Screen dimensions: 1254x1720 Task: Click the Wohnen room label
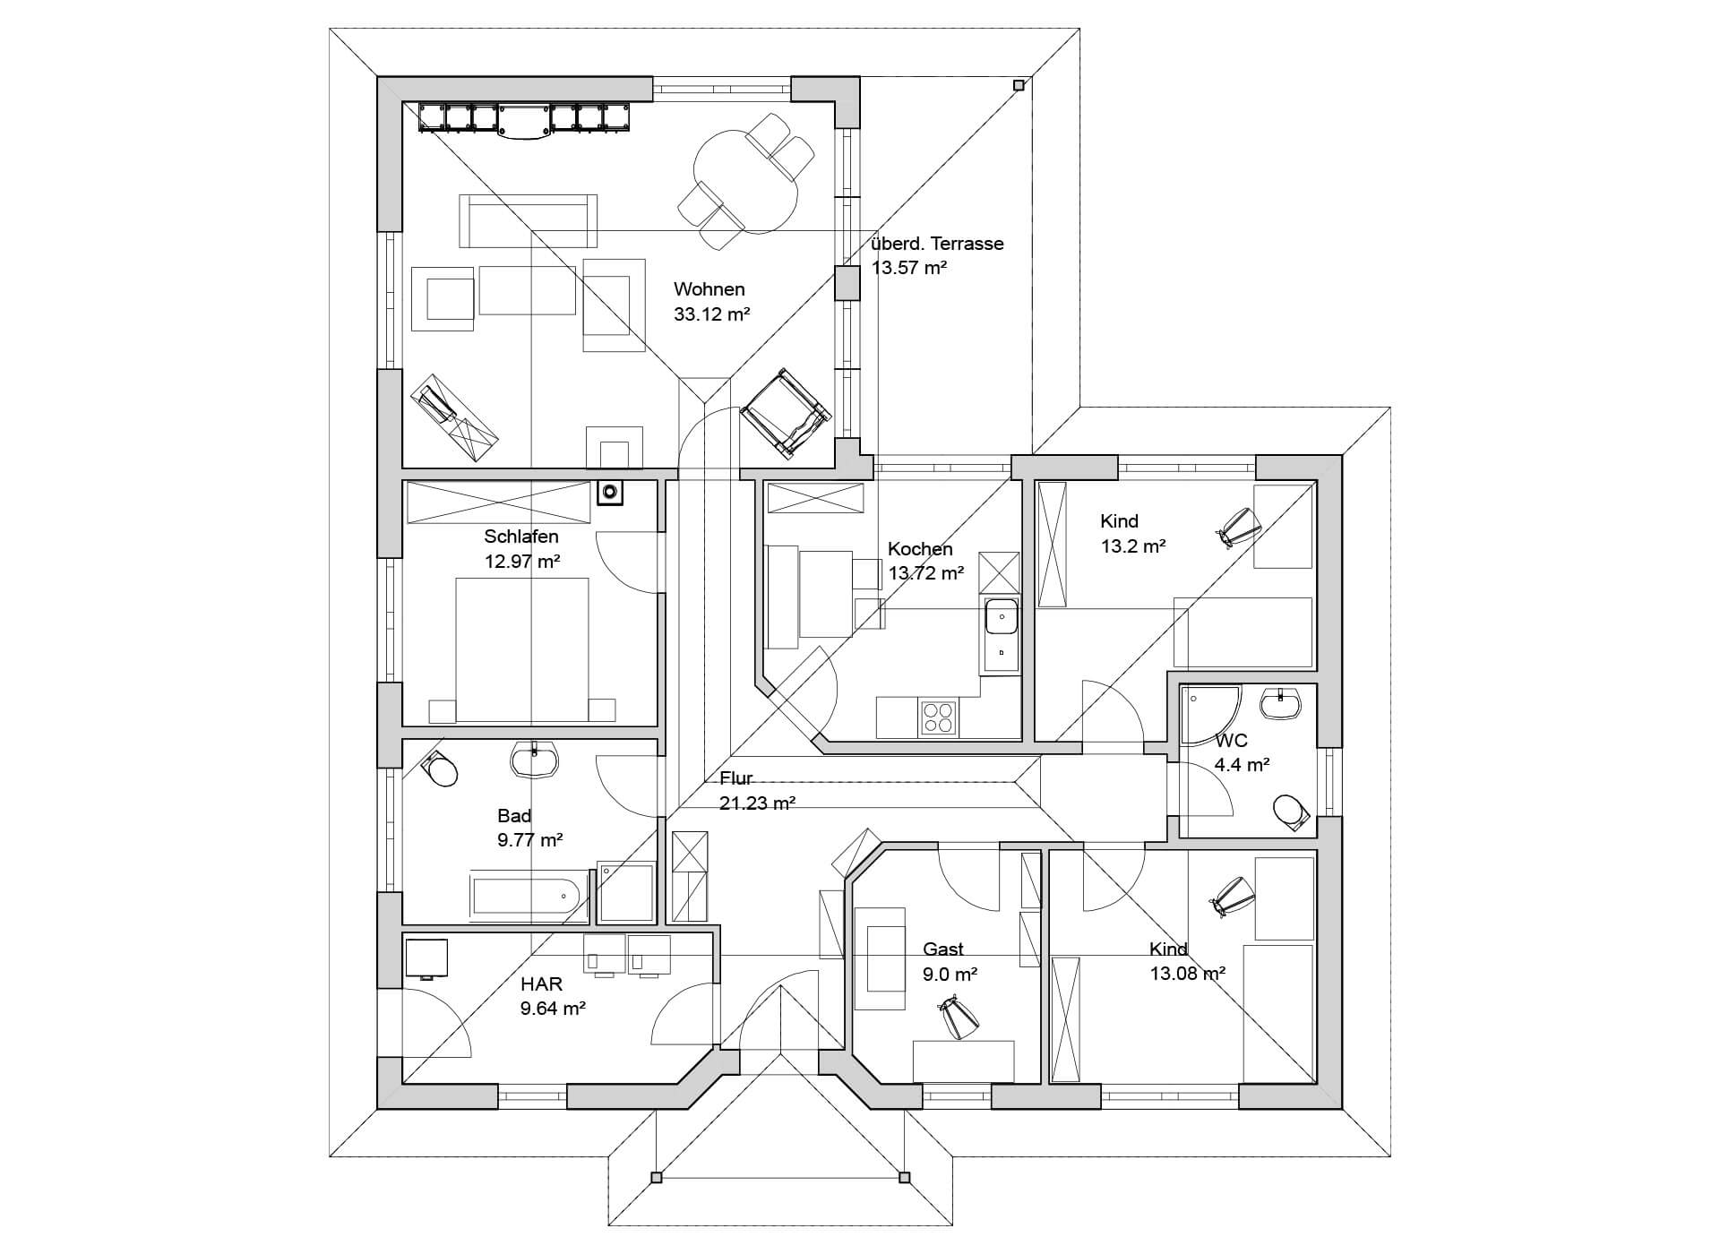click(709, 289)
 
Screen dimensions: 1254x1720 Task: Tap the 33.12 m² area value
click(711, 314)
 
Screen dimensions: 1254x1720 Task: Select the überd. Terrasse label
click(937, 244)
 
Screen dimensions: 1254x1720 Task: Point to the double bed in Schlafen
click(522, 648)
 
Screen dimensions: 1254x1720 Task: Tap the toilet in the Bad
click(439, 769)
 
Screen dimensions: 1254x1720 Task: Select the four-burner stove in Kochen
click(938, 718)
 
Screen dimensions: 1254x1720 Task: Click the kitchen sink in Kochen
click(1001, 617)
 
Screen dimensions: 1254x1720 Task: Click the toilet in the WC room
click(1290, 811)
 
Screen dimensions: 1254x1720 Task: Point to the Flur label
click(736, 778)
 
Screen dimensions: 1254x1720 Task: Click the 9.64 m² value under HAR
click(553, 1009)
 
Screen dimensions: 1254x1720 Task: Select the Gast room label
click(943, 949)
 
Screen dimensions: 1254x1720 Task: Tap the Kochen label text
click(920, 549)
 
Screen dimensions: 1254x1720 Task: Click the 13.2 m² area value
click(1132, 545)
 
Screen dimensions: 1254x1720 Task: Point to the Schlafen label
click(521, 537)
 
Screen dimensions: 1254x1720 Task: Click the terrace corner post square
click(1019, 86)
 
